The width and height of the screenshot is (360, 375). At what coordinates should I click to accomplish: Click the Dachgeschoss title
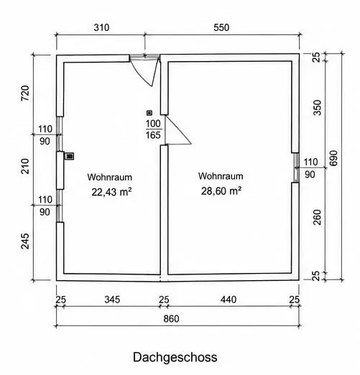pos(175,358)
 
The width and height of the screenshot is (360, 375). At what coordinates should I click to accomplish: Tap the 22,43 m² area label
pos(111,192)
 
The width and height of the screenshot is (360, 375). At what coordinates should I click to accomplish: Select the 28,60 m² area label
pos(221,191)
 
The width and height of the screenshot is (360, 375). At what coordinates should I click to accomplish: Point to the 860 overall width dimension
pos(171,319)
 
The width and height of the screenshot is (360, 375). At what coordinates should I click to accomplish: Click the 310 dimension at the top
pos(101,27)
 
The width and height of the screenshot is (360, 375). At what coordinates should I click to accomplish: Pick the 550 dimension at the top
pos(221,27)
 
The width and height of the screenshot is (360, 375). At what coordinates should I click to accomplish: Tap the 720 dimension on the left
pos(25,93)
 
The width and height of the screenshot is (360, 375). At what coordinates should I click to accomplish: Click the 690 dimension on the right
pos(333,158)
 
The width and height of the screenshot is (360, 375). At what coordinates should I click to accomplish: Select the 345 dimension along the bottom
pos(112,300)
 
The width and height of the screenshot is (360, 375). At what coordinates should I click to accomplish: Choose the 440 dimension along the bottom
pos(229,300)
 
